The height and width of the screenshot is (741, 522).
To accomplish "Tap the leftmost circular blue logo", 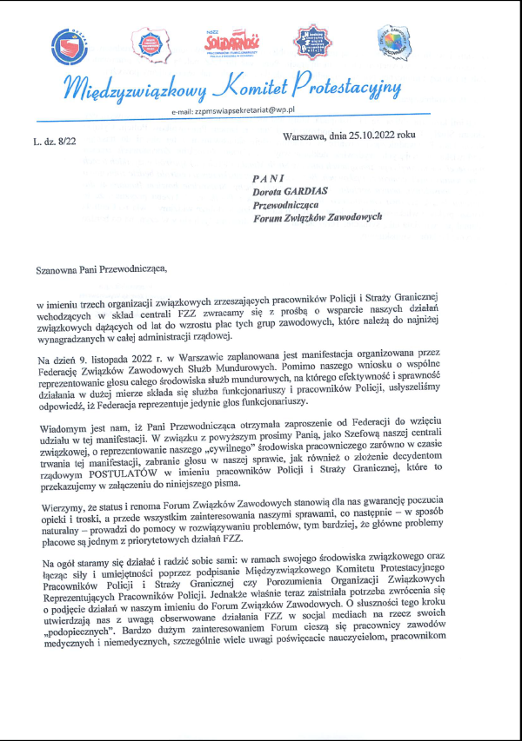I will coord(70,48).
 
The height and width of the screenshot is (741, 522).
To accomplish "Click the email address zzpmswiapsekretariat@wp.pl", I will coord(247,112).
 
